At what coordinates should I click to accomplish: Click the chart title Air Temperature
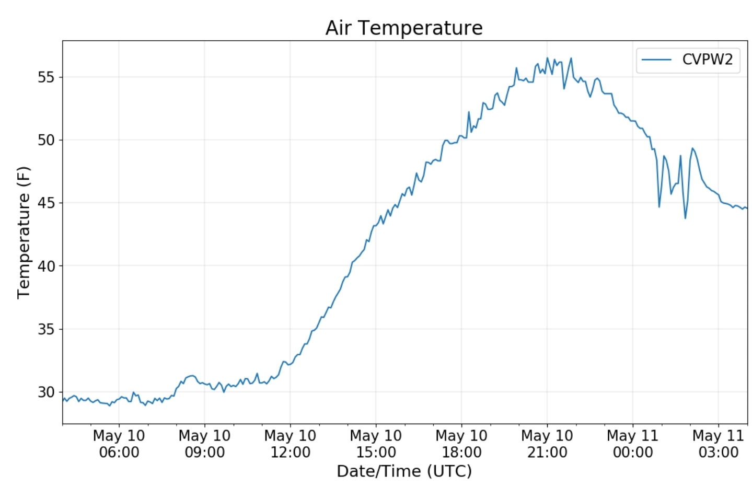[404, 28]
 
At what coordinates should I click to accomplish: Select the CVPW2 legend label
[708, 60]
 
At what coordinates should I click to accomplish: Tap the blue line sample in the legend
[656, 60]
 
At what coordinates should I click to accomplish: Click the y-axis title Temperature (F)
[24, 232]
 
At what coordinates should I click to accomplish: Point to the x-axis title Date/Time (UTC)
[404, 471]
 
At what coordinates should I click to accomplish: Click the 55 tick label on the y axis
[46, 77]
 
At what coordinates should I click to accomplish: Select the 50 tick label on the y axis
[46, 140]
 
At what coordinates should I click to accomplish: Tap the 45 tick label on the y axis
[46, 203]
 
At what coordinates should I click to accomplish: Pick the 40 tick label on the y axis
[46, 266]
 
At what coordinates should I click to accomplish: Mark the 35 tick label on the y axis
[46, 329]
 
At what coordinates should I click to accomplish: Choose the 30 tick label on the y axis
[46, 392]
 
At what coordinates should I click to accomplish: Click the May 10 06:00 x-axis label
[119, 444]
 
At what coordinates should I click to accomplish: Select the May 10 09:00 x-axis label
[204, 444]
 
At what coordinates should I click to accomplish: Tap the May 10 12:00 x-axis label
[290, 444]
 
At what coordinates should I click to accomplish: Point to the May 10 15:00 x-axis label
[376, 444]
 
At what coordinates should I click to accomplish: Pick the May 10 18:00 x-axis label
[461, 444]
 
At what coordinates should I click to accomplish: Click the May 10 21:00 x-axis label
[547, 444]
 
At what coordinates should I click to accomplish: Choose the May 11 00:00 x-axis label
[633, 444]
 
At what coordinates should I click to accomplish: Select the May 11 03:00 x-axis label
[719, 444]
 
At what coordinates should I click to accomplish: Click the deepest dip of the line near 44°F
[685, 218]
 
